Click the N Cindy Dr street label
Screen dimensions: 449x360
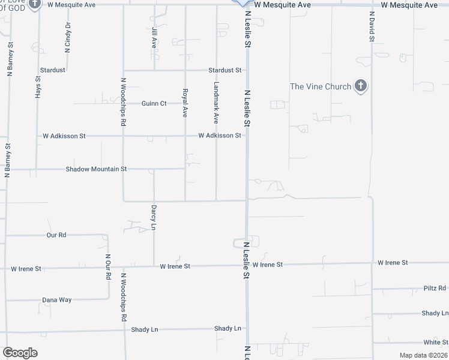68,37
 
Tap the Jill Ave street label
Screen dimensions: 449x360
154,37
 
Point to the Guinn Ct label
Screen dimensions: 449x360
154,103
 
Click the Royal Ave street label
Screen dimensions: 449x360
185,103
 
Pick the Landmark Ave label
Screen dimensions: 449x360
216,99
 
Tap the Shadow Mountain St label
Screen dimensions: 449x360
96,169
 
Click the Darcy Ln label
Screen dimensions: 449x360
154,217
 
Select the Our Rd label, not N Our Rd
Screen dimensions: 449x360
56,235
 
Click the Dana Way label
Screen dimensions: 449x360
56,299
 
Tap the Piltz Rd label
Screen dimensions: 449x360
435,288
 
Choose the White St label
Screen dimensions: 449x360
435,342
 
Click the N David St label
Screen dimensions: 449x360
372,26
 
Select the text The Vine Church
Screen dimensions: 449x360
321,86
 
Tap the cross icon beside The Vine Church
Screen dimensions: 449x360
361,86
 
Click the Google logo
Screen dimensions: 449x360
20,353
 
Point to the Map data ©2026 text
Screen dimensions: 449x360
423,355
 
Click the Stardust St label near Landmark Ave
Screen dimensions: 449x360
224,70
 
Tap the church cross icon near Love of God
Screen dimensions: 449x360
35,4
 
